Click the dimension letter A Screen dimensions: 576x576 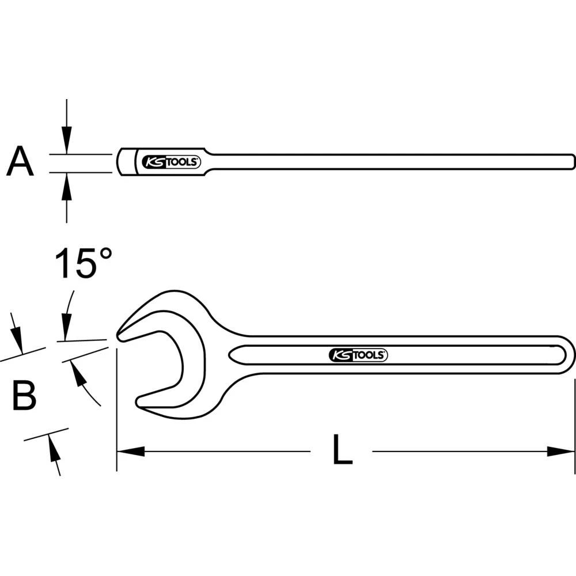pos(20,162)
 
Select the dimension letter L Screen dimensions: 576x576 pos(342,451)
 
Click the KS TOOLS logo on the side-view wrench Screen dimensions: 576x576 pos(171,162)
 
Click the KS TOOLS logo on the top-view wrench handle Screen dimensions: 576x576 pos(358,355)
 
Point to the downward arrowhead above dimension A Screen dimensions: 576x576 pos(67,144)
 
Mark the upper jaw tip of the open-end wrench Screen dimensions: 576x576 pos(120,335)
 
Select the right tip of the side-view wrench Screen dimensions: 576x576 pos(573,159)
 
